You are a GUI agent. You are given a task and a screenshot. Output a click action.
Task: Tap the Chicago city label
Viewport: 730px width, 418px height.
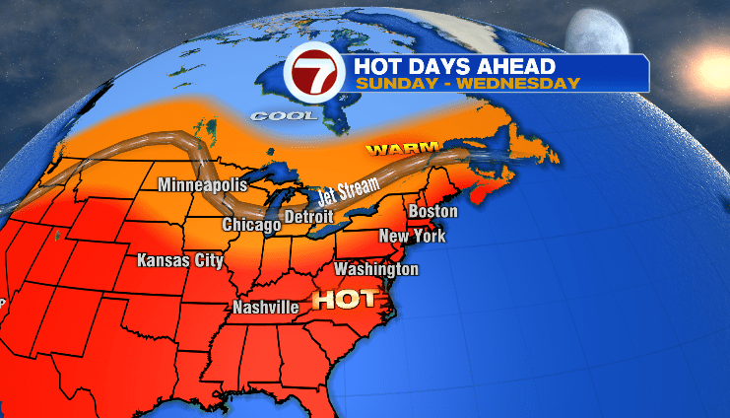pyautogui.click(x=251, y=225)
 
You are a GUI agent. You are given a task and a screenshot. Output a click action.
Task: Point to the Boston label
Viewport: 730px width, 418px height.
pyautogui.click(x=433, y=211)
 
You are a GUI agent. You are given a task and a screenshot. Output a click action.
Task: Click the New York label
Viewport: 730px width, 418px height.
pyautogui.click(x=413, y=236)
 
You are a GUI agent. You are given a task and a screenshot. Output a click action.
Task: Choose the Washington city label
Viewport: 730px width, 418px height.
pyautogui.click(x=376, y=269)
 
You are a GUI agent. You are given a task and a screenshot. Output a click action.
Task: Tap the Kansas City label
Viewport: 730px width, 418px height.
pyautogui.click(x=180, y=260)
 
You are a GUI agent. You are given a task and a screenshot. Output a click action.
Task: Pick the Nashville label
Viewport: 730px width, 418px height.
pyautogui.click(x=266, y=307)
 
